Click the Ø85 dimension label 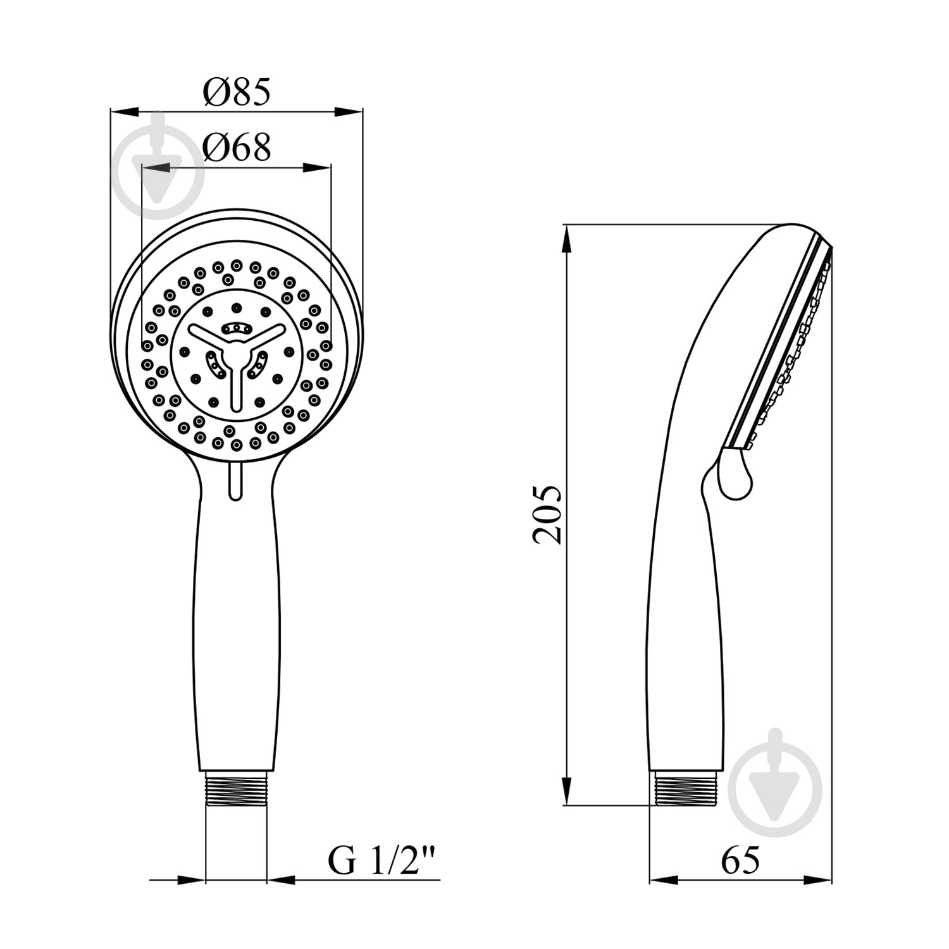(237, 92)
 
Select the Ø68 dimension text (237, 147)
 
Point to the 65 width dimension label (740, 860)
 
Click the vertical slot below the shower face (235, 481)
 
